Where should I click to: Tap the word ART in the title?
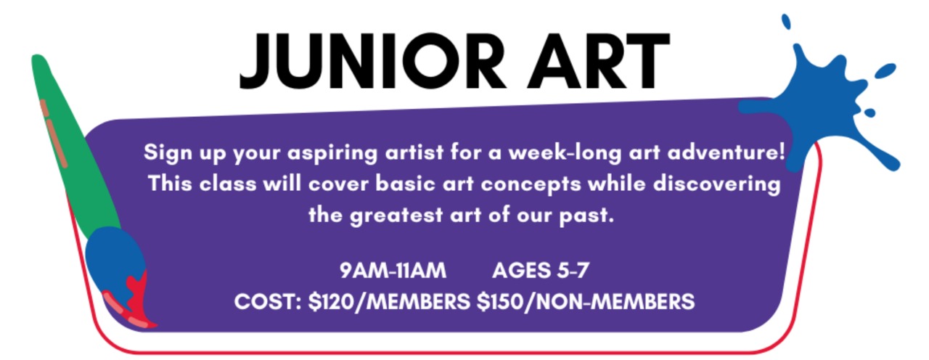click(x=598, y=61)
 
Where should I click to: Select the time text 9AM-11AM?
click(x=393, y=271)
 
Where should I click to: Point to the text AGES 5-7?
click(x=541, y=271)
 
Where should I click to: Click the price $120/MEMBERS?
click(x=389, y=301)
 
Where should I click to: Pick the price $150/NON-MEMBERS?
click(x=586, y=301)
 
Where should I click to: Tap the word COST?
click(x=268, y=301)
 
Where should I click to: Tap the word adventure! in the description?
click(x=726, y=152)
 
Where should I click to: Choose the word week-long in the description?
click(x=565, y=153)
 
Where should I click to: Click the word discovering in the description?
click(x=717, y=184)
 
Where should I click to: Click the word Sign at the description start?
click(x=168, y=153)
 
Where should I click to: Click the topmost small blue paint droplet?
click(x=786, y=22)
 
